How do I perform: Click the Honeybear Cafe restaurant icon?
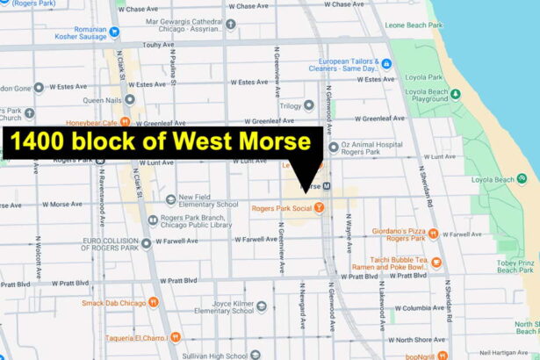[126, 122]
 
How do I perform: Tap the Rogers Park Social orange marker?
[320, 208]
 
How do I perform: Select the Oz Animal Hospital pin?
[333, 148]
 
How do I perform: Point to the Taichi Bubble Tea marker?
[436, 263]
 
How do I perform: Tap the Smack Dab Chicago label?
[114, 302]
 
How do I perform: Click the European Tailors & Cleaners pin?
[385, 63]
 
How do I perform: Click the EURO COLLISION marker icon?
[145, 242]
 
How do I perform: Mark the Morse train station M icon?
[326, 186]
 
